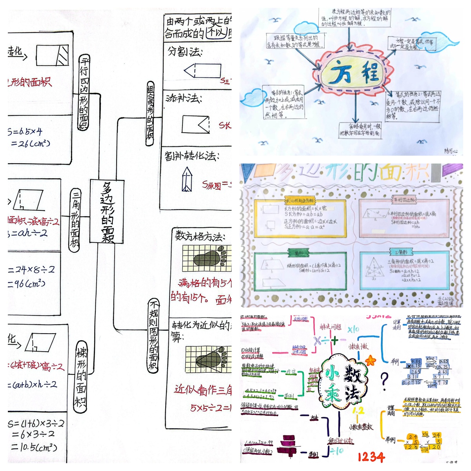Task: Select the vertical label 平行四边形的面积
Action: (x=84, y=93)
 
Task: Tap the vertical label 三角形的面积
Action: (x=75, y=219)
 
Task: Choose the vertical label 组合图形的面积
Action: (x=150, y=114)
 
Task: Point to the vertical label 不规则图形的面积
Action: (x=153, y=336)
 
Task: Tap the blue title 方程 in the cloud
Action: (x=355, y=73)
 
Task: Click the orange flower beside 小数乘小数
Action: (x=370, y=360)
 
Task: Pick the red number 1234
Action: (x=371, y=457)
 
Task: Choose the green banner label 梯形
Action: (x=297, y=252)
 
